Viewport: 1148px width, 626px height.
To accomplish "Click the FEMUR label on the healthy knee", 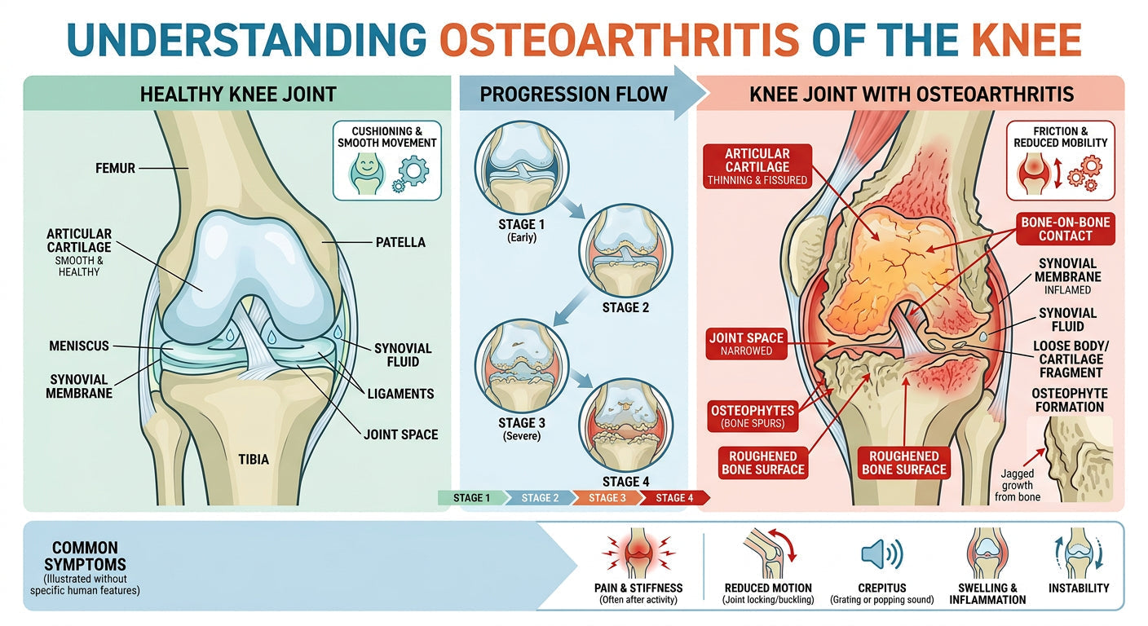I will [114, 169].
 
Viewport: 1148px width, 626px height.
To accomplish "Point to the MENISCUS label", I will [78, 346].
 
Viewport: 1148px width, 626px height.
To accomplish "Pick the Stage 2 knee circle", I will [625, 249].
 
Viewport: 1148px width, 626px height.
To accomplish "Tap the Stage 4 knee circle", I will [625, 425].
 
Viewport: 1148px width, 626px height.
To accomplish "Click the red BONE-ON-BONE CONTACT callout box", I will [1065, 229].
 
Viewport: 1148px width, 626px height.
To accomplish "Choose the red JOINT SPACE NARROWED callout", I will [746, 344].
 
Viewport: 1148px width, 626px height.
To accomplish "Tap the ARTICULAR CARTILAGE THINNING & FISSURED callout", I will [757, 165].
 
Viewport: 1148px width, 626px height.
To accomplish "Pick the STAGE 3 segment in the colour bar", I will [604, 497].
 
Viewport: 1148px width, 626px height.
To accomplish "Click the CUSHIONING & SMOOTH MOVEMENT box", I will [386, 161].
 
